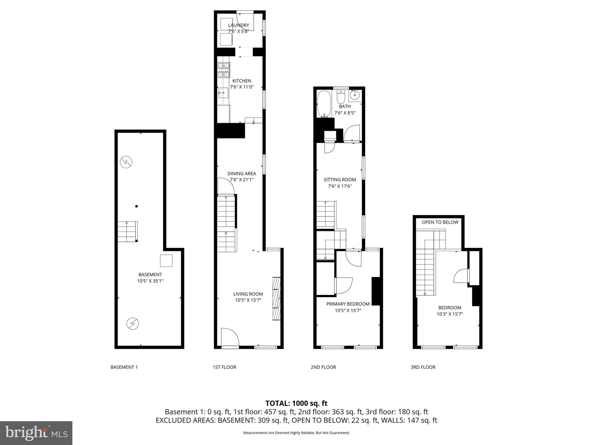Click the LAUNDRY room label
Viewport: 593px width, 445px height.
point(239,25)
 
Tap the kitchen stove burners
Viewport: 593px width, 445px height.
point(224,70)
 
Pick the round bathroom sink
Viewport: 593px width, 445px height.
point(355,95)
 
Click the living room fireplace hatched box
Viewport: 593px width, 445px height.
point(277,299)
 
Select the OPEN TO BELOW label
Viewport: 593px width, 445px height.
point(440,222)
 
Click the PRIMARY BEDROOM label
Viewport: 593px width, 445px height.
point(348,304)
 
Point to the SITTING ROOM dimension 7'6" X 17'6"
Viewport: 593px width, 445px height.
point(340,186)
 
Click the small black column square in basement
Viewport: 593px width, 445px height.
point(137,206)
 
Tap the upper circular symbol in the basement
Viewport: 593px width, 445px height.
point(126,162)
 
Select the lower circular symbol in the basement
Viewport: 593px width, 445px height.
point(133,324)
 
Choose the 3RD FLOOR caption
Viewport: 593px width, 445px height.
point(423,367)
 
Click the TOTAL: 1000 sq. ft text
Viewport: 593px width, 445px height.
point(296,403)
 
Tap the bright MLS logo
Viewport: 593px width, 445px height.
point(36,433)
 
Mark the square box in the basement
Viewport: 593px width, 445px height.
point(166,260)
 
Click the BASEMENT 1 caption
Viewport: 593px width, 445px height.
point(124,367)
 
